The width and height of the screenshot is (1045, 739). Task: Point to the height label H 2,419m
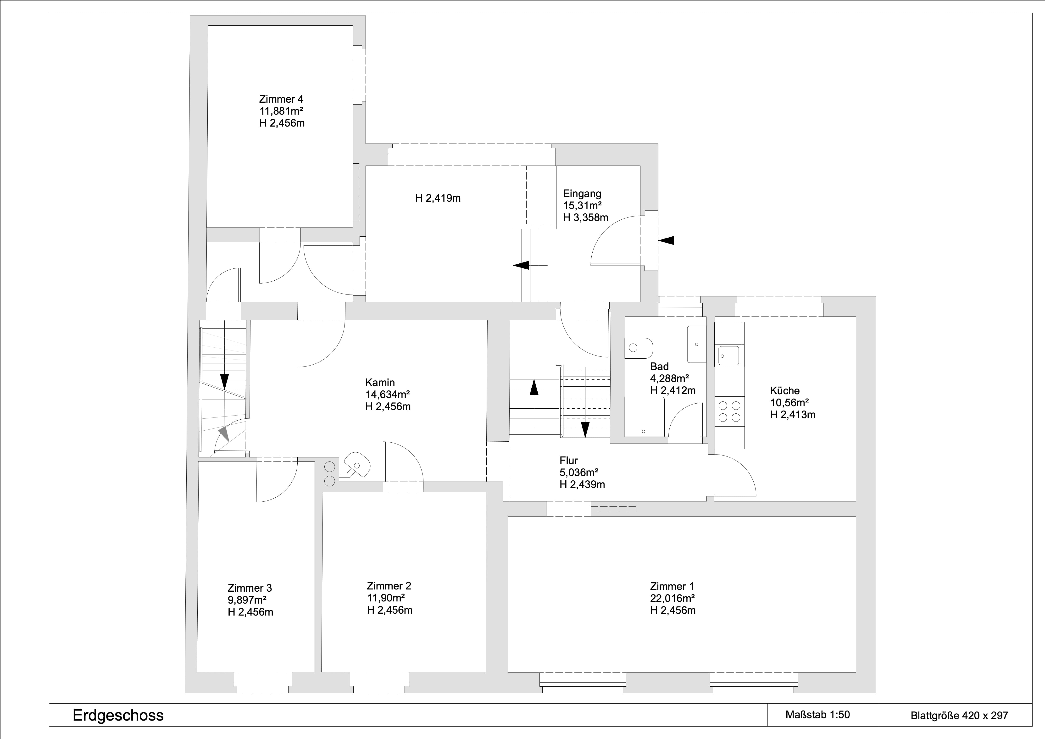click(438, 198)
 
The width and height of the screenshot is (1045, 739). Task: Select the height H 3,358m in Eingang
click(585, 217)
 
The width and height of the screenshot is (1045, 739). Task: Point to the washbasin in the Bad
click(696, 344)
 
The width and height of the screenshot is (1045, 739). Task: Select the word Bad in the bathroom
click(660, 366)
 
